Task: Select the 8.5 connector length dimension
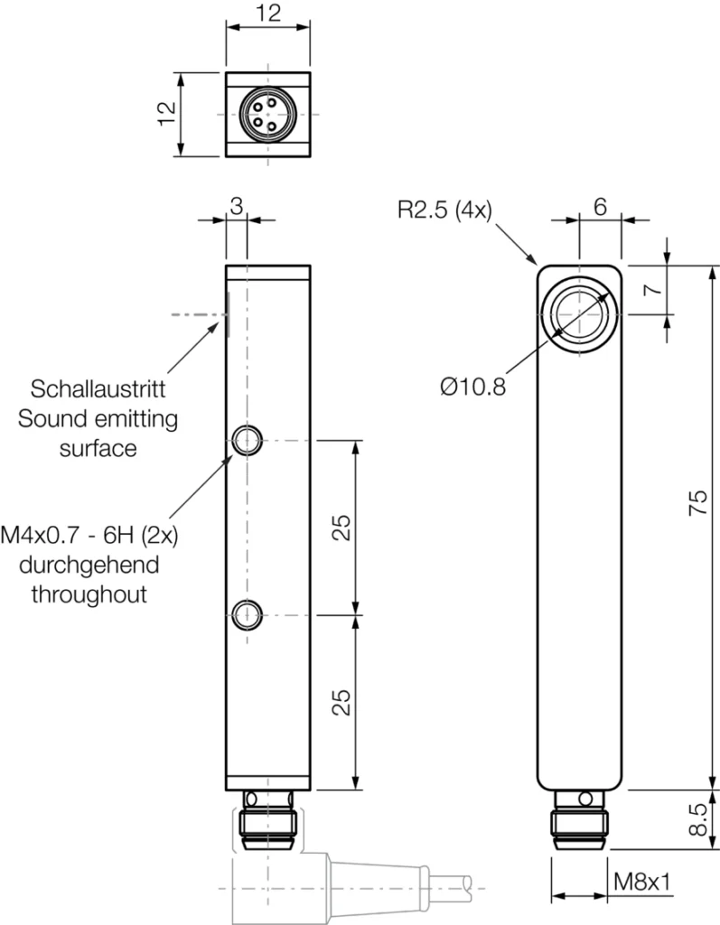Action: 697,819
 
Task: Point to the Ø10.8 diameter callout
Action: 472,386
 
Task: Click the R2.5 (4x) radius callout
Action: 444,210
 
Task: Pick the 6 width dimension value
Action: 599,206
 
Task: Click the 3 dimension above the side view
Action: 236,206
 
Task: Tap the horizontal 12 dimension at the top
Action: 268,13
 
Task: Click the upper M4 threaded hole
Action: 246,441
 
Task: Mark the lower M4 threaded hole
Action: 246,614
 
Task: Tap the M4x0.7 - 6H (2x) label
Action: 89,536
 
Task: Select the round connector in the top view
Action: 267,115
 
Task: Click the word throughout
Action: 89,594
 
